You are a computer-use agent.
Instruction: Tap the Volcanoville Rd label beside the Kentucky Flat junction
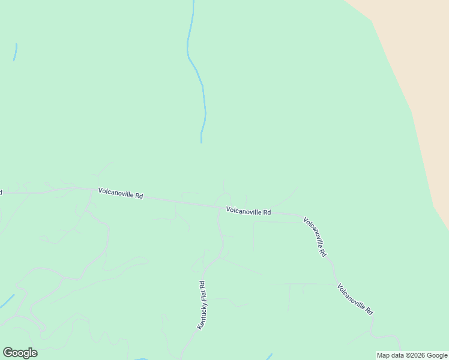click(x=248, y=211)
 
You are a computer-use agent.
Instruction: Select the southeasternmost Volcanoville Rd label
click(x=355, y=299)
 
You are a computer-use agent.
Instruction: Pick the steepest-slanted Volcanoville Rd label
click(x=315, y=238)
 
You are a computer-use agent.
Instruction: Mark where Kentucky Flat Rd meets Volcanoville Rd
click(x=218, y=208)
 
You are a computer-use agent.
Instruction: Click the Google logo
click(x=20, y=353)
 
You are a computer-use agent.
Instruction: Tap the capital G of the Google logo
click(x=8, y=352)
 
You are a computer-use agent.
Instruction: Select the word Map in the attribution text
click(x=383, y=355)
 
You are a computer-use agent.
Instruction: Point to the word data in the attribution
click(x=397, y=355)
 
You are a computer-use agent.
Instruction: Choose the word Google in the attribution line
click(x=437, y=355)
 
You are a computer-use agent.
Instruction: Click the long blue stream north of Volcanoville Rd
click(x=197, y=72)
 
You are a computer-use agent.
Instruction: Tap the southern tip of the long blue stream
click(x=201, y=142)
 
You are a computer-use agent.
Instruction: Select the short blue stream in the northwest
click(x=15, y=52)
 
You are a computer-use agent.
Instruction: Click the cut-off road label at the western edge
click(x=1, y=193)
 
